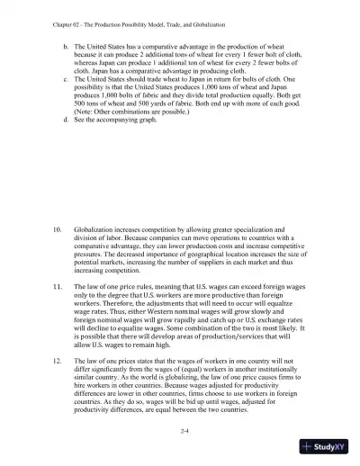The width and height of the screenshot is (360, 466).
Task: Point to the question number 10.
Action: coord(55,231)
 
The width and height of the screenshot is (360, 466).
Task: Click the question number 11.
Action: coord(55,291)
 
